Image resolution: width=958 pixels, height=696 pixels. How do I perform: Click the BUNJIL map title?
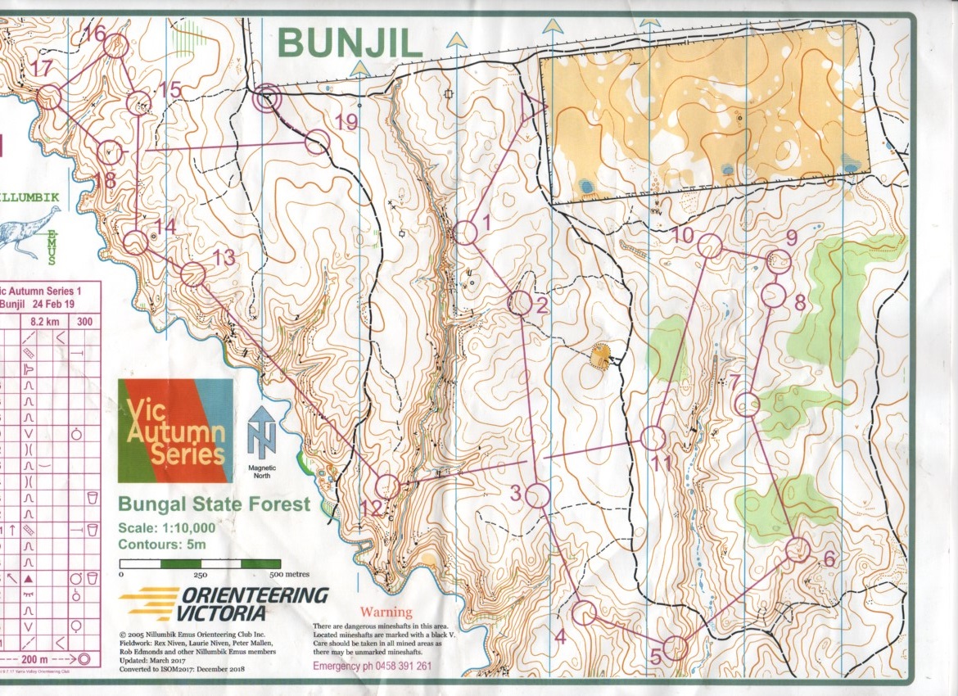[x=350, y=43]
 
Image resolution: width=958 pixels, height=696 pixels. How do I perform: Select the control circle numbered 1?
[x=465, y=233]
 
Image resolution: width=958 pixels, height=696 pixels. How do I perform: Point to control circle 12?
[x=386, y=486]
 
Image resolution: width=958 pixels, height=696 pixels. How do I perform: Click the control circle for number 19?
[x=317, y=142]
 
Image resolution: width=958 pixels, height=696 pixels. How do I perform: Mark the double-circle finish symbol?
[x=267, y=100]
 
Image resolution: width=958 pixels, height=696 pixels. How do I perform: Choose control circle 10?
[x=709, y=246]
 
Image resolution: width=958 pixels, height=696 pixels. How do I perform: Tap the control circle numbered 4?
[x=584, y=612]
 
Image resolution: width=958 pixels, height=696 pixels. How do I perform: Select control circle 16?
[x=116, y=46]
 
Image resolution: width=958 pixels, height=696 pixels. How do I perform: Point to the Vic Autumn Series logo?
[x=173, y=431]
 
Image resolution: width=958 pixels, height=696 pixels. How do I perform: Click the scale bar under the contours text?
[x=201, y=563]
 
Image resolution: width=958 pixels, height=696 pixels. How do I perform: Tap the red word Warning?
[x=387, y=612]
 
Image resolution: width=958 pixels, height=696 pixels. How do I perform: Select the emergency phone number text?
[x=373, y=666]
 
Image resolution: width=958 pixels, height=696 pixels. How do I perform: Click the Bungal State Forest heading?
[x=214, y=504]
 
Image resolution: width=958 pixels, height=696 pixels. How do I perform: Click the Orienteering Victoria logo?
[x=224, y=603]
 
